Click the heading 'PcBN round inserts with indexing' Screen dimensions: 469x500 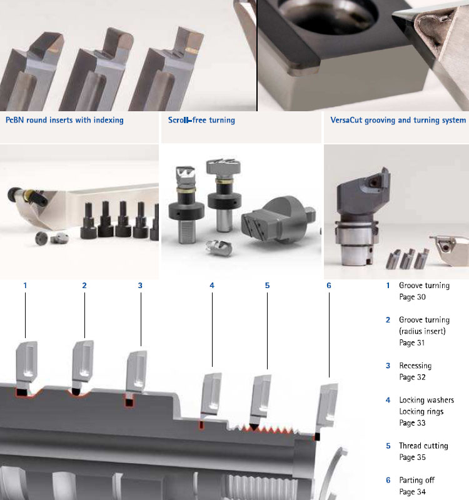[x=64, y=120]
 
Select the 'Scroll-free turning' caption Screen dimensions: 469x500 [x=201, y=120]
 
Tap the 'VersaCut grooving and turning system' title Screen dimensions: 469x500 [x=398, y=120]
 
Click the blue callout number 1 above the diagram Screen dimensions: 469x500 [x=25, y=286]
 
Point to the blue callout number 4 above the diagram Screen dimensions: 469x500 [x=212, y=286]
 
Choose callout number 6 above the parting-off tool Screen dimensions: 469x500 [x=329, y=286]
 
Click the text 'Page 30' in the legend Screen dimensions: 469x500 [x=412, y=297]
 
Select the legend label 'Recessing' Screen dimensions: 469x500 [x=415, y=366]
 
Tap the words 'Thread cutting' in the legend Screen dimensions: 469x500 [x=424, y=446]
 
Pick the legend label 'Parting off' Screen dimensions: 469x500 [x=416, y=480]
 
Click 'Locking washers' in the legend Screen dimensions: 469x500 [x=426, y=400]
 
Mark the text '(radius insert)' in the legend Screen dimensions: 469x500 [x=423, y=331]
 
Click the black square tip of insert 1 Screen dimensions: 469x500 [x=22, y=392]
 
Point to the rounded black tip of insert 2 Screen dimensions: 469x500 [x=76, y=391]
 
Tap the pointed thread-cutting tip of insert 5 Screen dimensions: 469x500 [x=255, y=427]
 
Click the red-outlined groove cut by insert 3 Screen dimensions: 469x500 [x=129, y=403]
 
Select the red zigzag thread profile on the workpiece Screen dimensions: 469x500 [x=268, y=430]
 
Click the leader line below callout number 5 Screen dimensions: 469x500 [x=268, y=331]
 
